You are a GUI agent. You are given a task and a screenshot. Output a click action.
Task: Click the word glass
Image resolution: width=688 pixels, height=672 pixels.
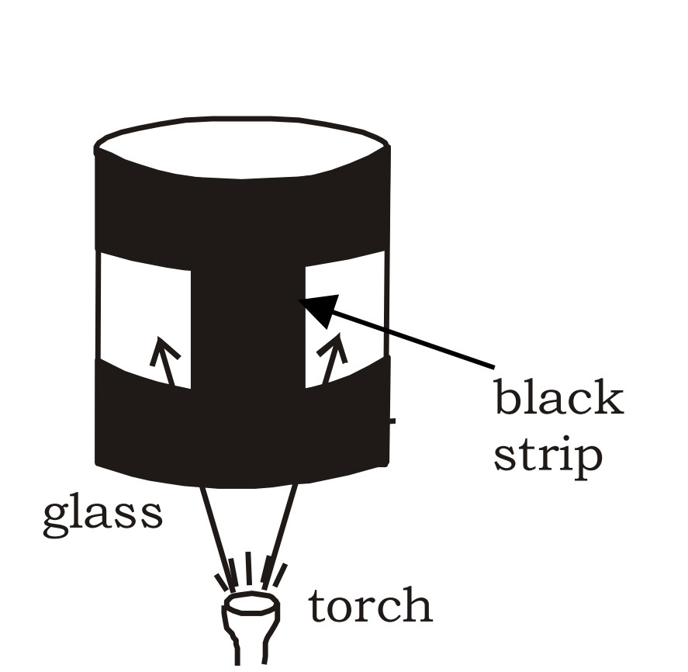[102, 513]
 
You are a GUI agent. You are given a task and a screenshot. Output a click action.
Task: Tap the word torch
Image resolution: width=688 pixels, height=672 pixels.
[371, 606]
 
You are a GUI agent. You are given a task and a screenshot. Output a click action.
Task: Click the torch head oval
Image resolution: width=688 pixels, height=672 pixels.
[251, 603]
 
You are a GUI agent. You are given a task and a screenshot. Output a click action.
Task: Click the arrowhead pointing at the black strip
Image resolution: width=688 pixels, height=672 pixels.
[319, 307]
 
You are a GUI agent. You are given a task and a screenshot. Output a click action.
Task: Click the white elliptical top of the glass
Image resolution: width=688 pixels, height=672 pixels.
[241, 146]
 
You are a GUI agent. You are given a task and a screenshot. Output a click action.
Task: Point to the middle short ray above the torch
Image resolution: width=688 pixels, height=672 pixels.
[249, 566]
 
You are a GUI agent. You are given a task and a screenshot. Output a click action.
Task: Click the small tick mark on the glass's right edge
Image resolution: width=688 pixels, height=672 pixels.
[392, 421]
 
